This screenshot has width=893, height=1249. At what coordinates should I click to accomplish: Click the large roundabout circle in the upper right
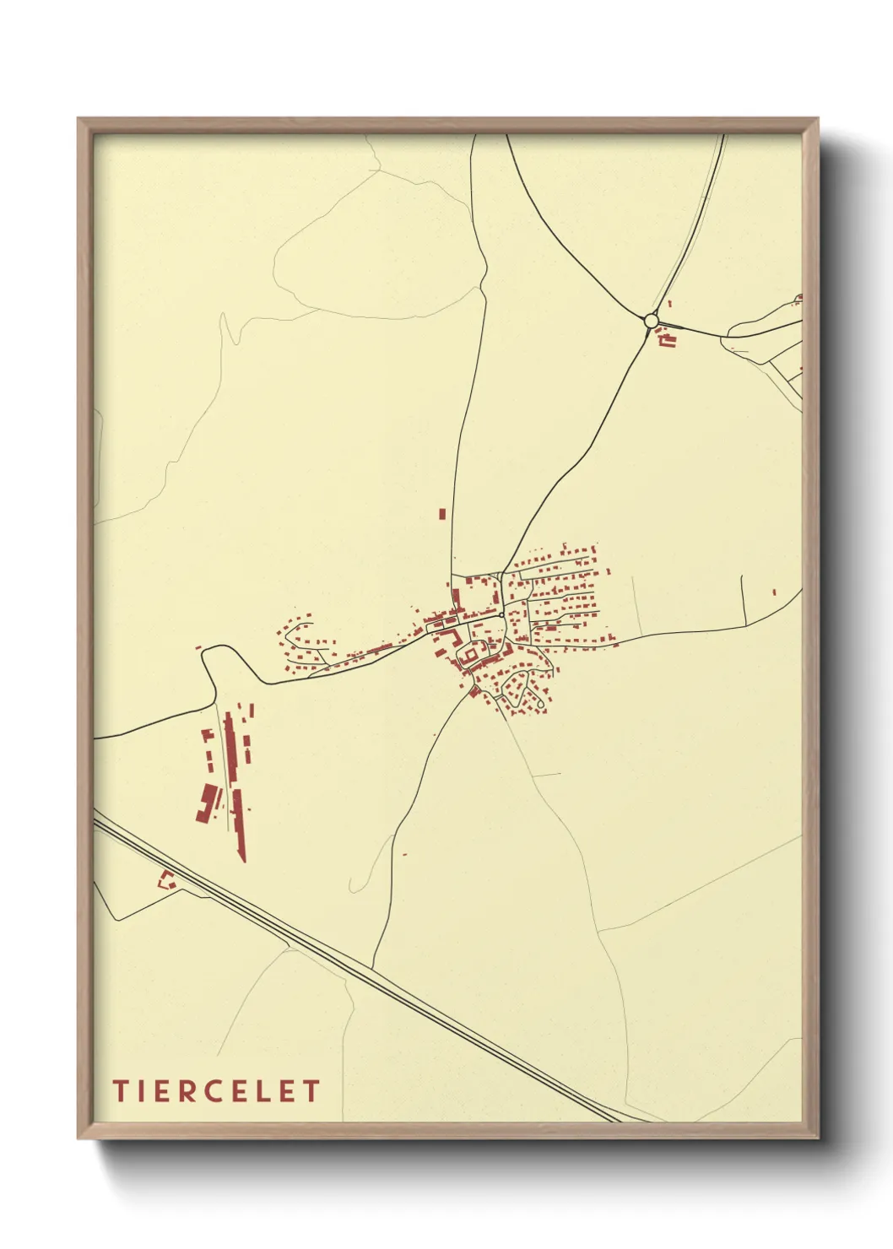click(650, 321)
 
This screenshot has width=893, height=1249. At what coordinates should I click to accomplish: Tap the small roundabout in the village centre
click(502, 615)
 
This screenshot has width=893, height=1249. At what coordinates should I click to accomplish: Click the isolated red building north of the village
click(441, 513)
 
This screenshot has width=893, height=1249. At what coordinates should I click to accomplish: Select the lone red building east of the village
click(774, 592)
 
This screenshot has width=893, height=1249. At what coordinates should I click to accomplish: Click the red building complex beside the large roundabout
click(668, 340)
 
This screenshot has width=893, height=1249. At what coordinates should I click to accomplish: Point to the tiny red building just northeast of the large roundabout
click(669, 303)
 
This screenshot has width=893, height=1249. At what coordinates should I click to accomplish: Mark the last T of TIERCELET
click(311, 1090)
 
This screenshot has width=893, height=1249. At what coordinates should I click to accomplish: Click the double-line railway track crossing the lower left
click(354, 971)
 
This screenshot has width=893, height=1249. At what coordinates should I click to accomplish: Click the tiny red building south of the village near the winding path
click(405, 855)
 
